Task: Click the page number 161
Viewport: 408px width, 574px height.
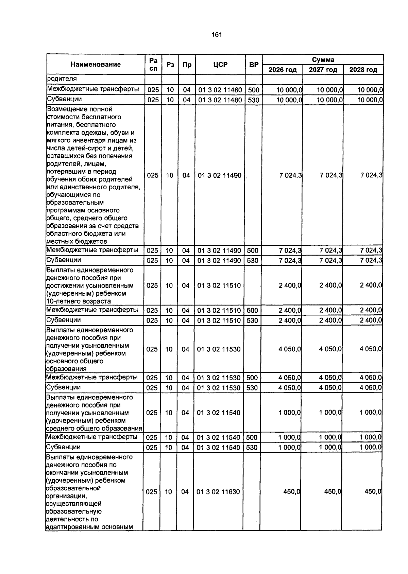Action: pos(217,35)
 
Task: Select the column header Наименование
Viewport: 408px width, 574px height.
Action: pos(96,65)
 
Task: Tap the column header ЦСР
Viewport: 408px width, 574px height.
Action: pos(220,65)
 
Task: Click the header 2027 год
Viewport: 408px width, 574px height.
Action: pos(323,70)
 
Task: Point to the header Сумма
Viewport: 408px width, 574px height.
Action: pos(323,60)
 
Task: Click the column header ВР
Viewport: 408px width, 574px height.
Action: pos(254,65)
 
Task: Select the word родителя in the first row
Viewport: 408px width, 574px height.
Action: pos(62,79)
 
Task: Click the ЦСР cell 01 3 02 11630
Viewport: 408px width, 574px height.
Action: pos(218,492)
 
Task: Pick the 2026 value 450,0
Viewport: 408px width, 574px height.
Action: pos(292,492)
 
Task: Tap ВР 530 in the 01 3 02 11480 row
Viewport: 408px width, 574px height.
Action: pos(253,100)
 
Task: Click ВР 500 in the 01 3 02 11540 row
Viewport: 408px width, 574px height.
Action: pos(252,437)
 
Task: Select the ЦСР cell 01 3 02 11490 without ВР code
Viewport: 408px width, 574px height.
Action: pos(220,175)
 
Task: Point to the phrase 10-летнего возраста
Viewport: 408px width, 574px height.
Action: pos(79,301)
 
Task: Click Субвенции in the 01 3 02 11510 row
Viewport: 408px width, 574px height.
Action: pos(64,320)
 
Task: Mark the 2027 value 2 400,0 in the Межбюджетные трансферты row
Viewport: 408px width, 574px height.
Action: pos(330,310)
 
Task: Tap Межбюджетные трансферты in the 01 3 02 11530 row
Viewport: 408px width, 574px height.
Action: pos(92,378)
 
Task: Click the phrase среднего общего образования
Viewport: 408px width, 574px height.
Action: pos(94,429)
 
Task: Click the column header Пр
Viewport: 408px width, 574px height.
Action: pos(187,65)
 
